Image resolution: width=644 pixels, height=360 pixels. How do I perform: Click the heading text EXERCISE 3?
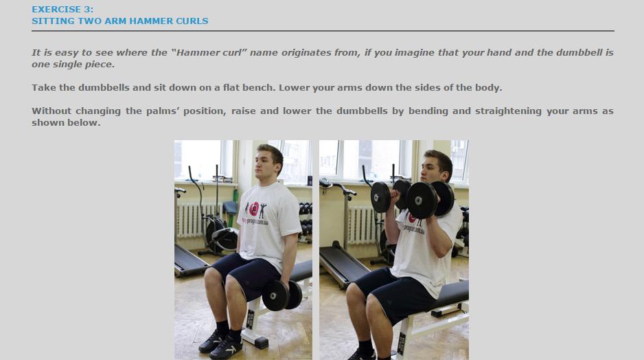pos(62,9)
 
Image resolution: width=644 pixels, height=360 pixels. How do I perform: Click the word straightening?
pos(508,111)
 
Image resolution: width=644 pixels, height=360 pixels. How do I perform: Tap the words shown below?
pos(66,123)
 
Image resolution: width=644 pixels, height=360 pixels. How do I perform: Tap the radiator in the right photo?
pos(363,225)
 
